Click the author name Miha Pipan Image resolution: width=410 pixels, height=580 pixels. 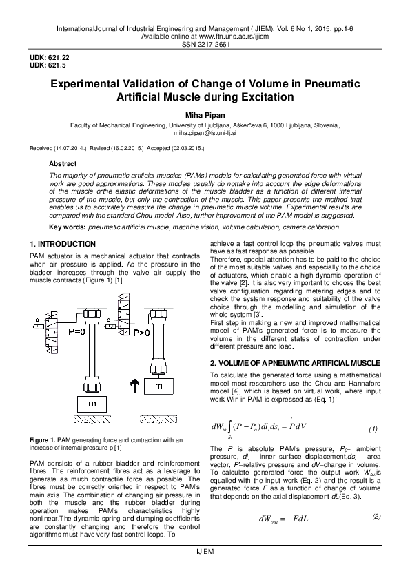(x=204, y=114)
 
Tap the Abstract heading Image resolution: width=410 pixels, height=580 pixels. (x=63, y=164)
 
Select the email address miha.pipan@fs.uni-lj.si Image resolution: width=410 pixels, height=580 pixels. (x=205, y=136)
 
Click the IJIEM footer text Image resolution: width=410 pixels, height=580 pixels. (x=205, y=572)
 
